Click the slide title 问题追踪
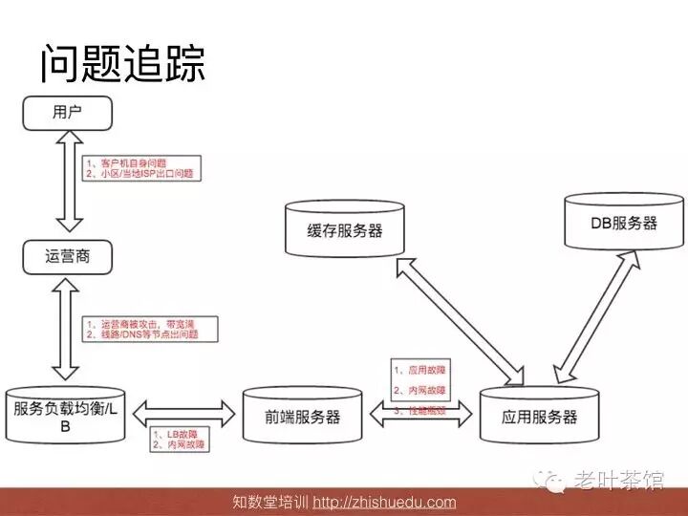(122, 63)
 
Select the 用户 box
(67, 113)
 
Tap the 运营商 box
(67, 256)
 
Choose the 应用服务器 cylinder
(540, 416)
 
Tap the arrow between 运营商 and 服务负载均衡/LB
(67, 328)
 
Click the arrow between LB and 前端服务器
(183, 414)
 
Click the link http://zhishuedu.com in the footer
(384, 503)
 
